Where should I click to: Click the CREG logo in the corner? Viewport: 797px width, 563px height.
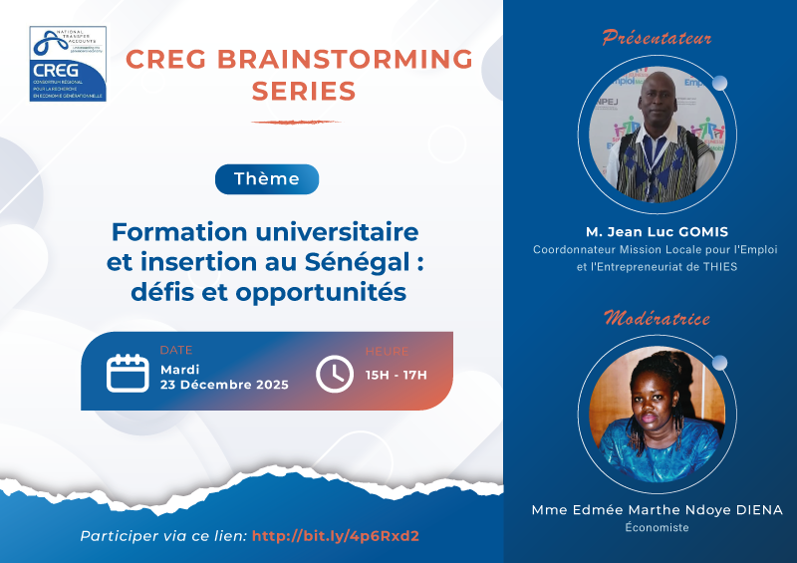[x=68, y=65]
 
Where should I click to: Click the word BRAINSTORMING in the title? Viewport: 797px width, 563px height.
[x=333, y=60]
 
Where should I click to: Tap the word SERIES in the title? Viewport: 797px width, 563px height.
[x=304, y=92]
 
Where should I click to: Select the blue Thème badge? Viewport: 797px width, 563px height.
[x=267, y=179]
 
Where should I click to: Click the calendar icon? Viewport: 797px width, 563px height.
[x=128, y=372]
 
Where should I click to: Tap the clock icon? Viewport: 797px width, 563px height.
[x=335, y=374]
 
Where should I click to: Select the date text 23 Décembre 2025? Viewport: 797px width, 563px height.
[x=224, y=385]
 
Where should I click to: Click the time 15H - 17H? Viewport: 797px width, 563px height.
[x=396, y=375]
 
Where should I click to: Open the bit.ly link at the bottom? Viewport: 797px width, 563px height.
[x=336, y=536]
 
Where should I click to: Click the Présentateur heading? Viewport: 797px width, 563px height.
[x=657, y=39]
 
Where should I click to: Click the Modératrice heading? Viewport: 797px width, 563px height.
[x=657, y=319]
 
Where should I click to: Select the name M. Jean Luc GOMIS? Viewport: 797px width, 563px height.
[x=657, y=231]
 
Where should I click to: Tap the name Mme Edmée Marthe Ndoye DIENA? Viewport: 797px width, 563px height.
[x=657, y=510]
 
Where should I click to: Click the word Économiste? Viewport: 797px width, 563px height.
[x=657, y=528]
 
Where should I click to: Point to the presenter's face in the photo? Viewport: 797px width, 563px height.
[x=660, y=108]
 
